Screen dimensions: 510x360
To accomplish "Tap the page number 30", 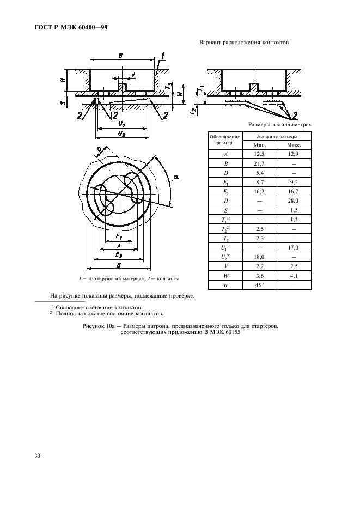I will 38,456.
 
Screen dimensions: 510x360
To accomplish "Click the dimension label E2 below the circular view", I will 118,255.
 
